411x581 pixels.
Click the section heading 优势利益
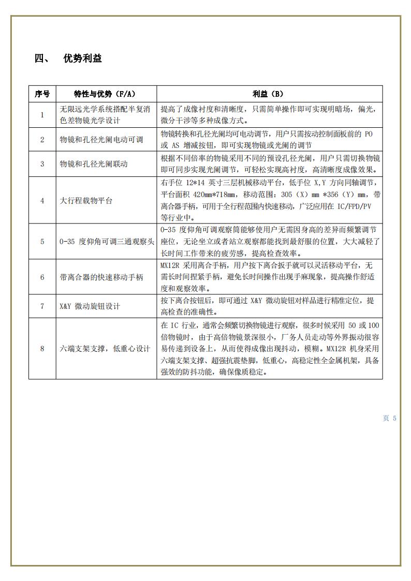pos(82,58)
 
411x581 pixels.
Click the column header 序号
pos(42,94)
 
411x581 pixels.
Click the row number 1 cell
pos(42,115)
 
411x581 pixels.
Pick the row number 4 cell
pos(42,201)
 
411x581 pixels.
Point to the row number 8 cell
pos(42,349)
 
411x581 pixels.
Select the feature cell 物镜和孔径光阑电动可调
pos(101,140)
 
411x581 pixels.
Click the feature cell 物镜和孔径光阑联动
pos(94,164)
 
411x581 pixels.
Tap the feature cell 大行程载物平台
pos(86,201)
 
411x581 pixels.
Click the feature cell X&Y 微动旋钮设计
pos(90,306)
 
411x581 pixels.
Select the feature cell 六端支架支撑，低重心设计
pos(105,349)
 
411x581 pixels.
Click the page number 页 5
pos(389,418)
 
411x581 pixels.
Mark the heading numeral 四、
pos(41,58)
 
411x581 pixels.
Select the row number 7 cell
pos(42,306)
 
